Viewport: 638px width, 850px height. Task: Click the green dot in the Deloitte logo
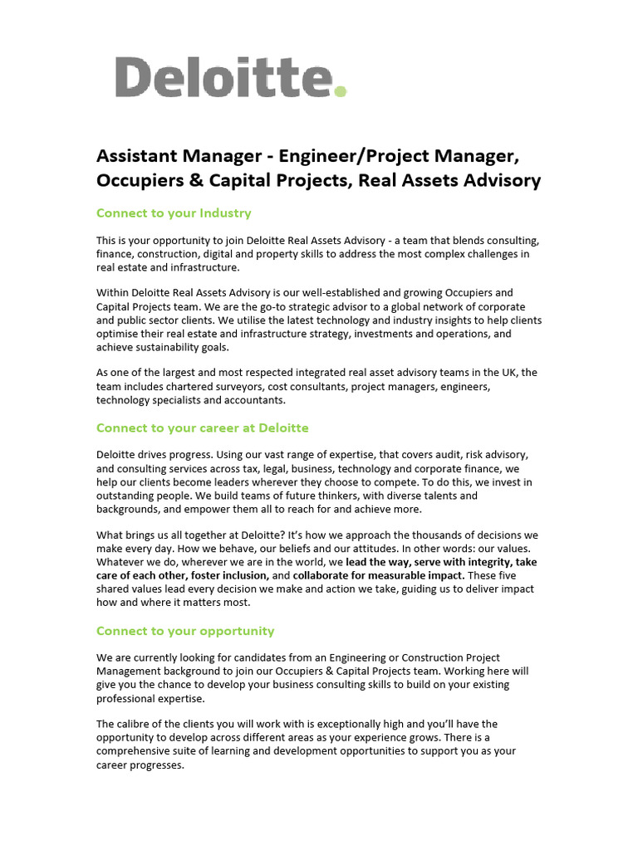tap(339, 90)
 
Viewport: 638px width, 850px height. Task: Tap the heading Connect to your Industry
tap(174, 213)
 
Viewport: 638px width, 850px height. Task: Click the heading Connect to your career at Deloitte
tap(202, 428)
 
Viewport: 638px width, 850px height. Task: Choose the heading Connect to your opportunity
tap(185, 631)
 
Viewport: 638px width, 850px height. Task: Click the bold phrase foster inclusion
tap(228, 575)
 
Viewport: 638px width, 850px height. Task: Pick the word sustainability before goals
tap(169, 347)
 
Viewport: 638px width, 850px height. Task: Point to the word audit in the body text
tap(440, 455)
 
